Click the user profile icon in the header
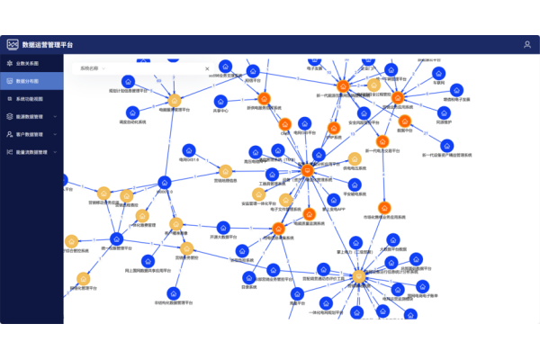pos(527,44)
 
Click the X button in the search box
pos(207,68)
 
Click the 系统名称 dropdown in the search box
pos(99,68)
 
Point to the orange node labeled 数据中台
pos(404,120)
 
